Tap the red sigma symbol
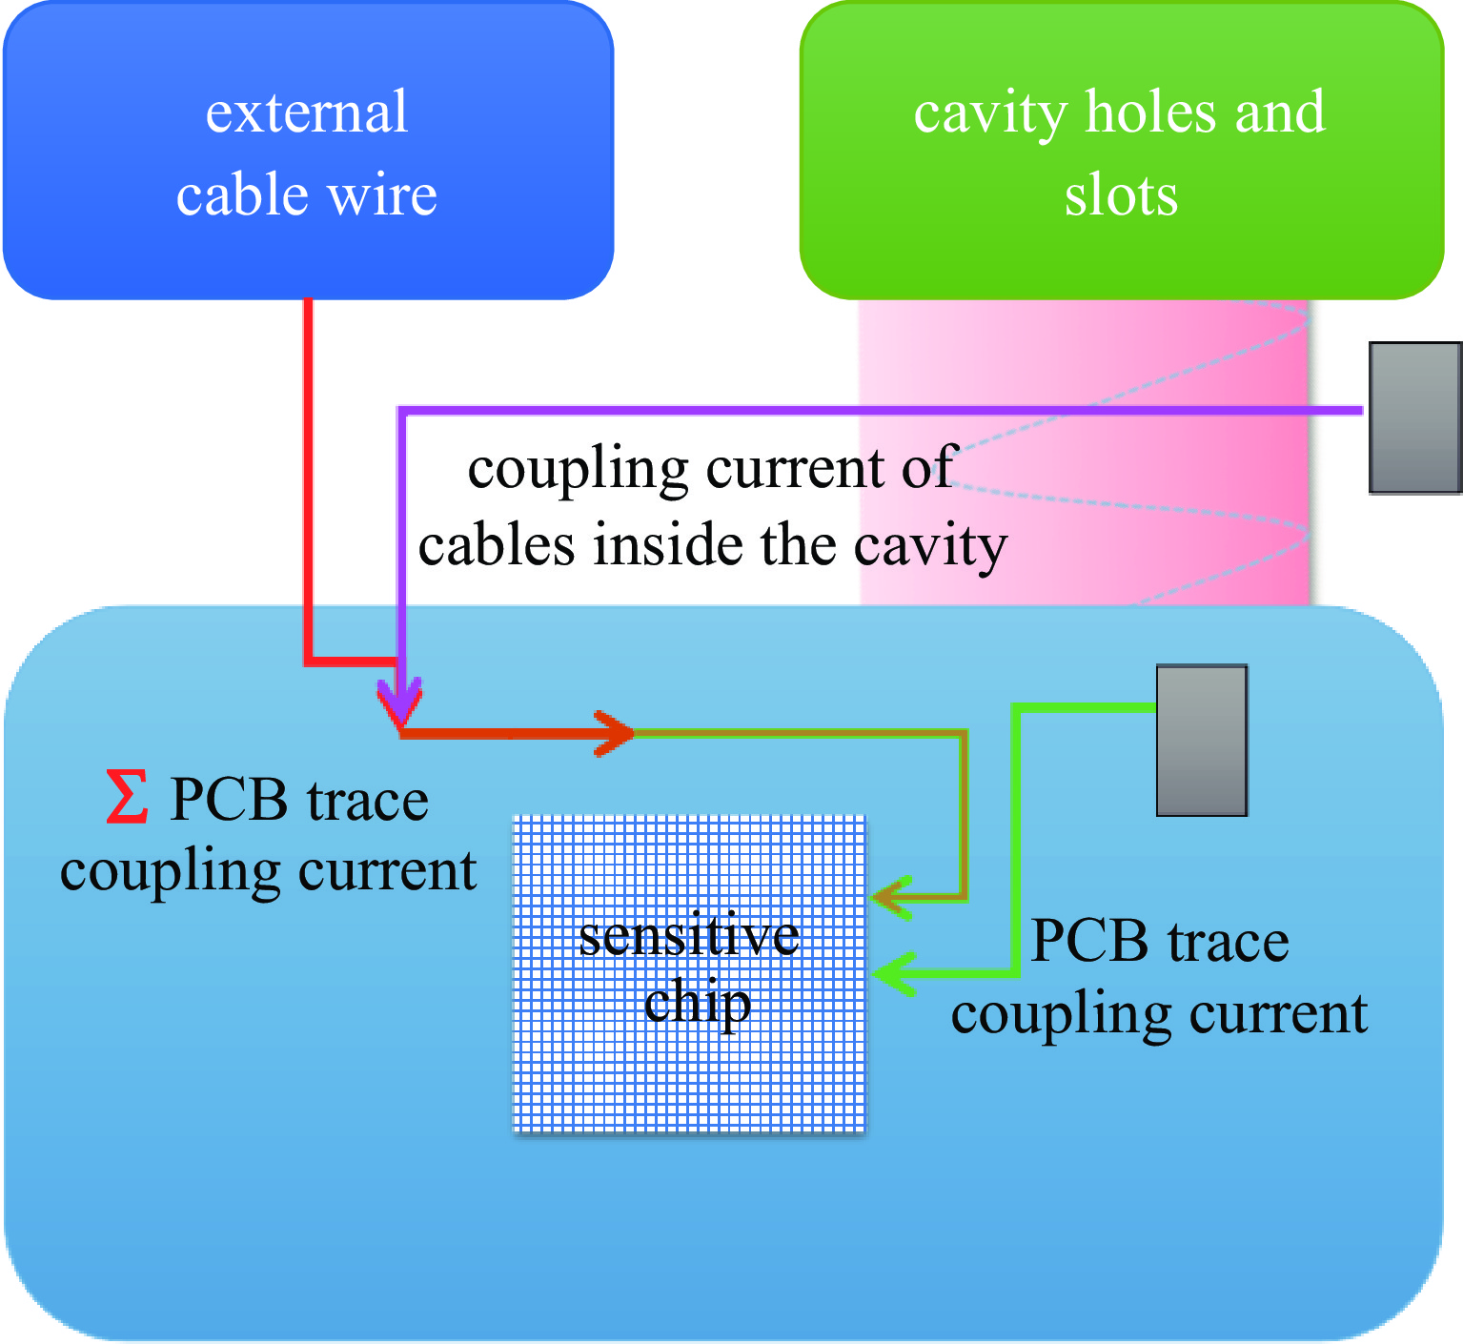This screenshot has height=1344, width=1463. point(127,798)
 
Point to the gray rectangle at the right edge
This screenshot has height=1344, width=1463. point(1415,417)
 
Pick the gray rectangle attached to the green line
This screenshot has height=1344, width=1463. point(1202,741)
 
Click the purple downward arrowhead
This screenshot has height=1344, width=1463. point(401,703)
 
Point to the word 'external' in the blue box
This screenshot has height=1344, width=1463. point(307,112)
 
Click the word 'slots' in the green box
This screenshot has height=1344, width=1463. point(1121,194)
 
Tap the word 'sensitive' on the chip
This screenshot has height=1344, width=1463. point(688,936)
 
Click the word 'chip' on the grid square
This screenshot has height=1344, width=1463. point(697,1004)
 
